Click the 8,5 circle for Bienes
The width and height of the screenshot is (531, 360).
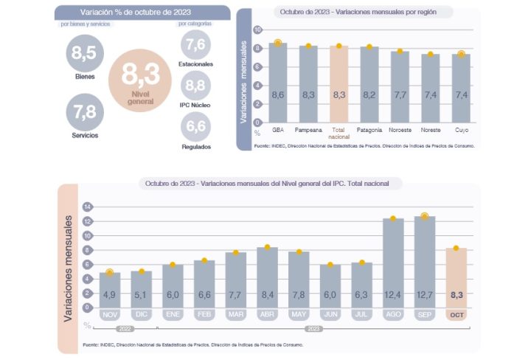[85, 52]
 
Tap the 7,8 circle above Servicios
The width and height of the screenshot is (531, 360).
[86, 112]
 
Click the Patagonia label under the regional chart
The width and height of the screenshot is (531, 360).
[369, 130]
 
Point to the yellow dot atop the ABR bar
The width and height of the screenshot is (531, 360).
[267, 247]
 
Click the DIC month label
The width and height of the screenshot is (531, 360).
[142, 314]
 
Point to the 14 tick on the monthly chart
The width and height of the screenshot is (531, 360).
[87, 206]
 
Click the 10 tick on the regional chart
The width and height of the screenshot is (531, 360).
[257, 30]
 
